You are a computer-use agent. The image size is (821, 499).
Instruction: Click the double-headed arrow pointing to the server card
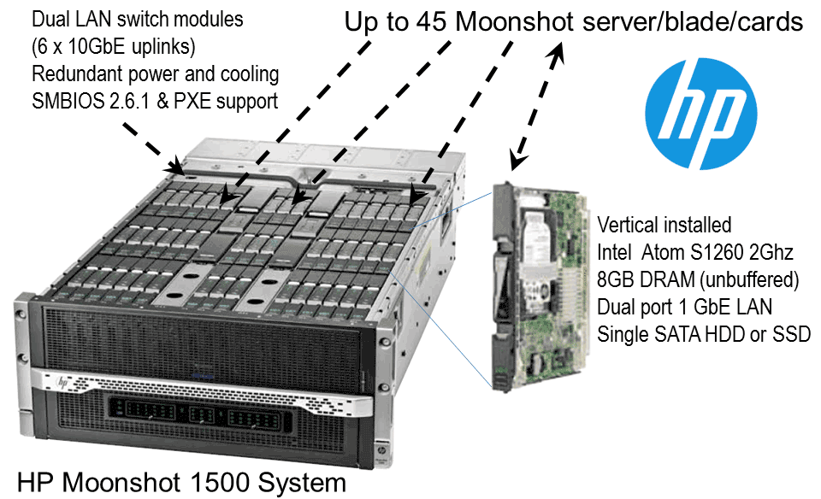click(x=535, y=107)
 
